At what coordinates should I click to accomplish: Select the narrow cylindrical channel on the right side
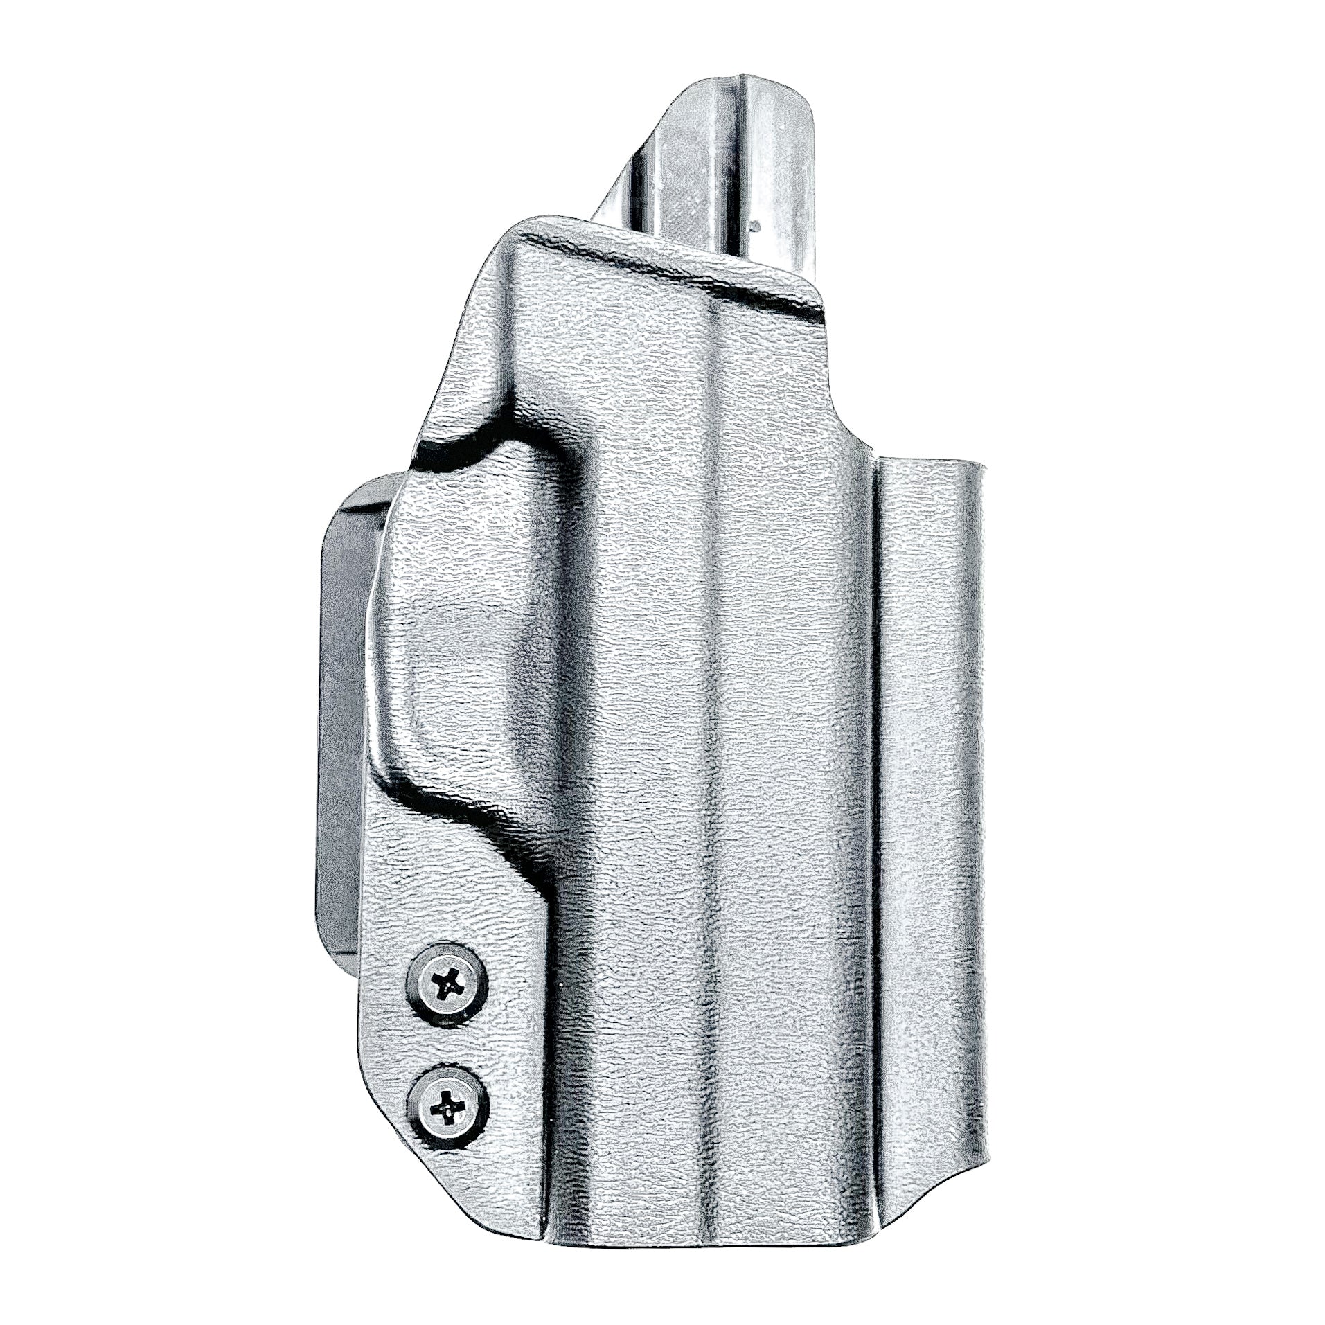(928, 797)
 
